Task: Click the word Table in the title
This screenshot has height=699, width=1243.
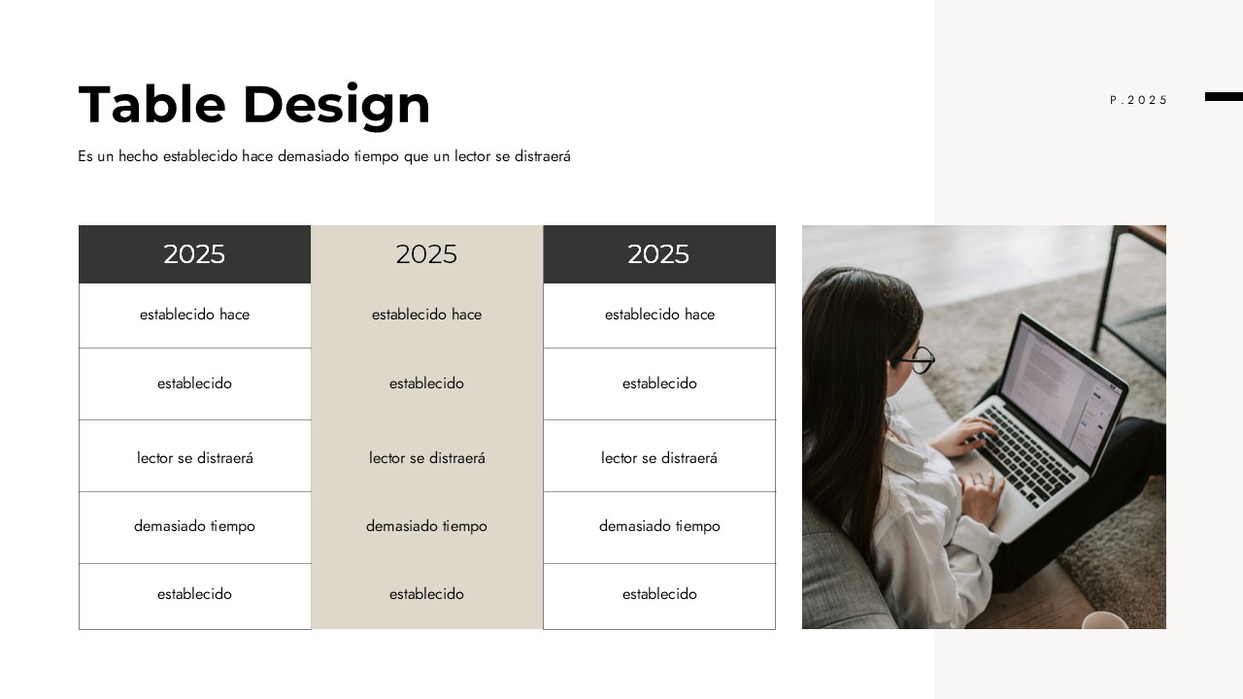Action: coord(152,104)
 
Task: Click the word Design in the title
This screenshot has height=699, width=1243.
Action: coord(336,107)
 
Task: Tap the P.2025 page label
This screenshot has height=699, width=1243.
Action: coord(1139,100)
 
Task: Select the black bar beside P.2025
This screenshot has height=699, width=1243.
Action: coord(1224,96)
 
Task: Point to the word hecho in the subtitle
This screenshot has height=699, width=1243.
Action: coord(138,156)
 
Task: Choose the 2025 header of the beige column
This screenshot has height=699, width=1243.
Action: coord(426,254)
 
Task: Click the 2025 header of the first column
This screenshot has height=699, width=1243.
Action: coord(194,254)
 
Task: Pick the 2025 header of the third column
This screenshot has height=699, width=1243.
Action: coord(658,254)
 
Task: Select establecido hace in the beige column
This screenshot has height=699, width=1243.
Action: coord(426,315)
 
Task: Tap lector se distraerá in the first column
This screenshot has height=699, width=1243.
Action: coord(195,457)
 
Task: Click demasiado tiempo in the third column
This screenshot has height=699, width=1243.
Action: coord(659,526)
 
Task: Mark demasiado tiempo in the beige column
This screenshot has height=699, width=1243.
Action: coord(426,526)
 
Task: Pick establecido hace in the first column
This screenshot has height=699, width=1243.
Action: coord(195,315)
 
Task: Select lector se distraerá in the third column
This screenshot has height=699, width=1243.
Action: coord(659,457)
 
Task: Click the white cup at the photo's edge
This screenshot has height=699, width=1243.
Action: coord(1105,620)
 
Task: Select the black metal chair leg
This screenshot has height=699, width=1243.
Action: coord(1104,288)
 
